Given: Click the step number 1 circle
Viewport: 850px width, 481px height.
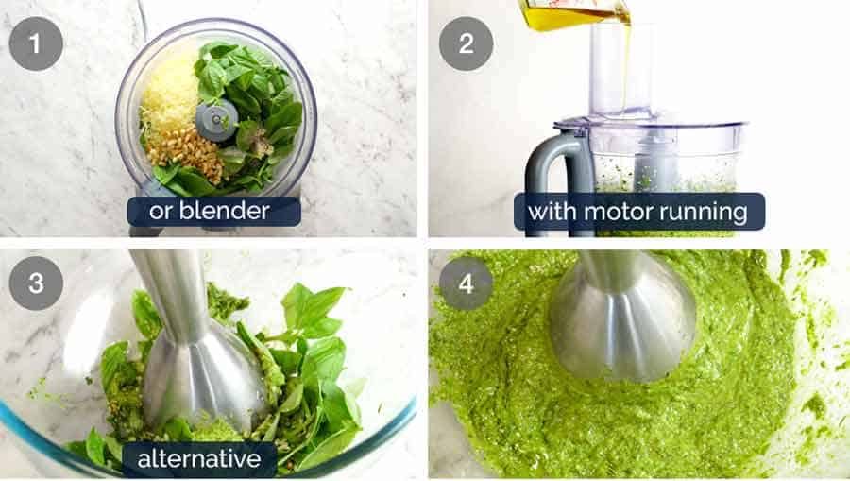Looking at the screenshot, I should tap(37, 43).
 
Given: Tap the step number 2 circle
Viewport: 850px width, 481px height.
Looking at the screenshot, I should tap(467, 43).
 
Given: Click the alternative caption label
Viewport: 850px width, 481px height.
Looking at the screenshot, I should tap(199, 460).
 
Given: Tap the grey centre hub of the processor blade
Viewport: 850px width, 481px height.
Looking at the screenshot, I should tap(216, 120).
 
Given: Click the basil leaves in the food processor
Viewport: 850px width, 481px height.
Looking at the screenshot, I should tap(255, 94).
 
